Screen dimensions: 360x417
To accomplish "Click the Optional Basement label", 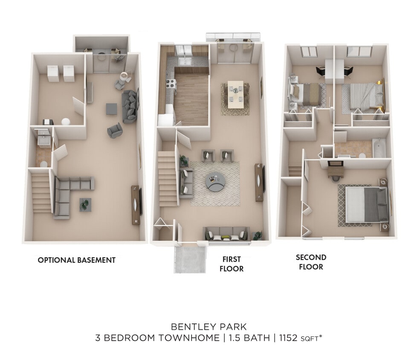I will [77, 260].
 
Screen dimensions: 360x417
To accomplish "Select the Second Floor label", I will [311, 262].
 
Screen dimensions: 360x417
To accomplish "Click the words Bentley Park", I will [208, 327].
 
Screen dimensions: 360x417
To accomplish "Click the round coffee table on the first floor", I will [216, 182].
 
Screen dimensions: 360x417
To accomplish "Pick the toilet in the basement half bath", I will [43, 163].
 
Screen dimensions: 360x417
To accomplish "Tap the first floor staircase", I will [168, 179].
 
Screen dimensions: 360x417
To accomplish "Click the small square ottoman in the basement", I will [112, 109].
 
